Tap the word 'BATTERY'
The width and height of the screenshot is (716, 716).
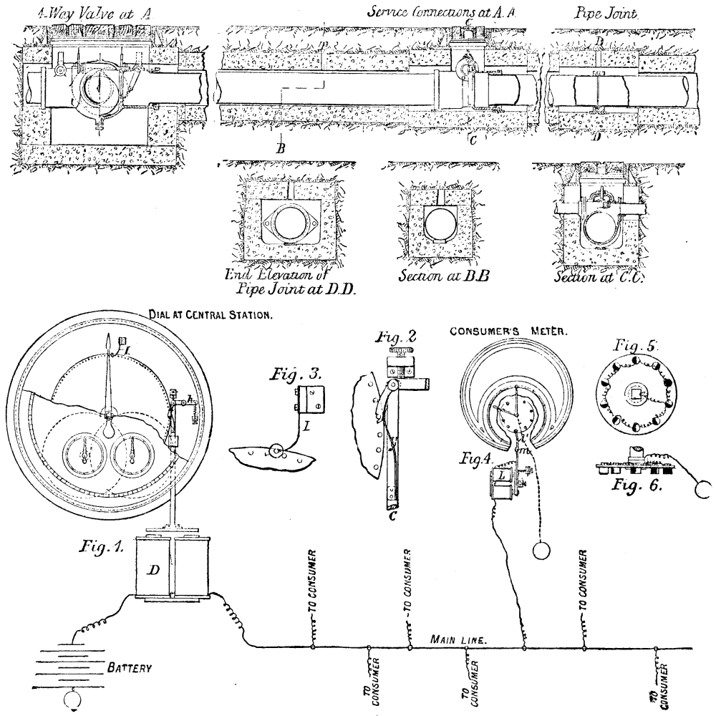(x=129, y=667)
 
